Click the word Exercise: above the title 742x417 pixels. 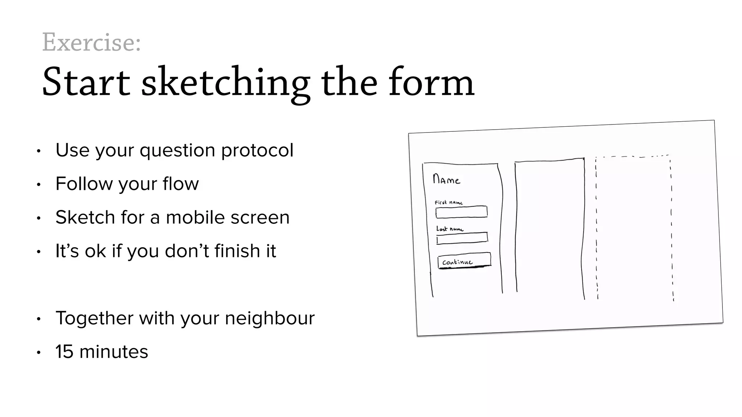coord(91,42)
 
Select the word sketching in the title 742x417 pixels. coord(225,82)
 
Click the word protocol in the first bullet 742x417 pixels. coord(257,150)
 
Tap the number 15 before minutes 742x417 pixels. coord(64,351)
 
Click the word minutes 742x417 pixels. coord(113,351)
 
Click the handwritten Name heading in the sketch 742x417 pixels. coord(446,180)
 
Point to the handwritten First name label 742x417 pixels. coord(449,203)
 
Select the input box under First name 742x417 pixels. coord(462,212)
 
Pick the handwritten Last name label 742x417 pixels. coord(450,229)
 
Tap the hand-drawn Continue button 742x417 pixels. coord(464,261)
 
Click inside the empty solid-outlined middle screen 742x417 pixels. coord(550,228)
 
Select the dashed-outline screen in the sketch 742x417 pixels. coord(634,228)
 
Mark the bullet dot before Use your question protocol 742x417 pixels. coord(38,151)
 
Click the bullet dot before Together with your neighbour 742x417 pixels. coord(38,319)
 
